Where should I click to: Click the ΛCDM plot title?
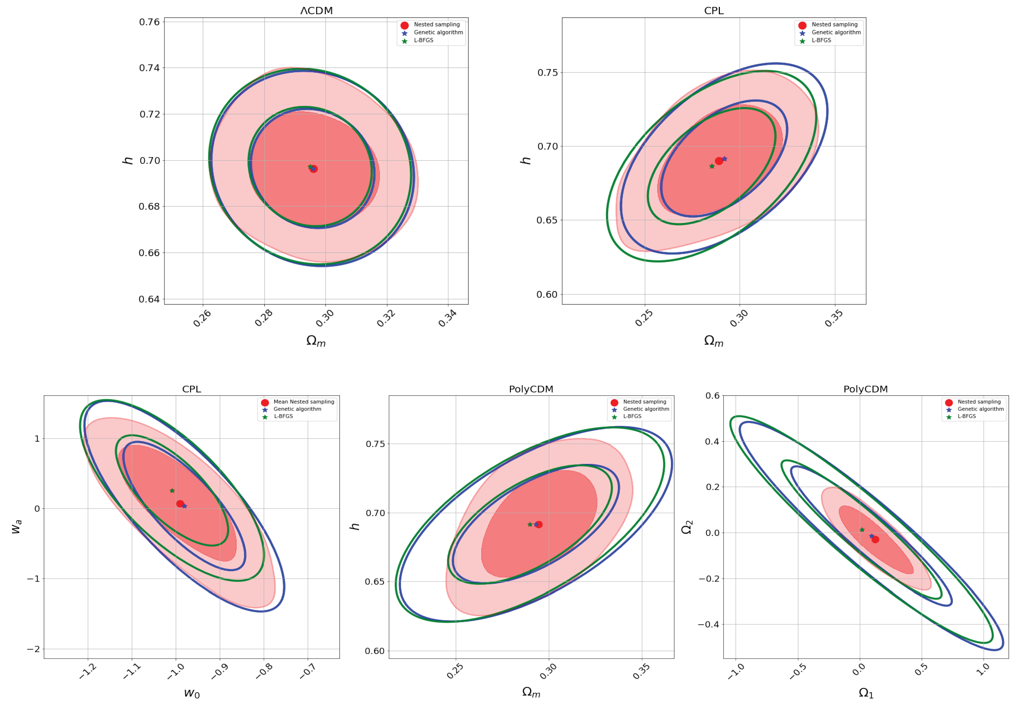(x=316, y=11)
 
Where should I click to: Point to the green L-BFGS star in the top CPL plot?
(x=712, y=166)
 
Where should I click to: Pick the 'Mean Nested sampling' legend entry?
(x=304, y=402)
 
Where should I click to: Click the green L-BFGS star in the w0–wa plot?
(x=172, y=490)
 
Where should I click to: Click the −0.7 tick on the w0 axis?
(x=308, y=671)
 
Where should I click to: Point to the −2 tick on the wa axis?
(x=33, y=649)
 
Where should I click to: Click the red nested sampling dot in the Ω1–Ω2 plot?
(x=875, y=539)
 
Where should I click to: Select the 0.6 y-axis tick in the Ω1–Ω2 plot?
(x=712, y=396)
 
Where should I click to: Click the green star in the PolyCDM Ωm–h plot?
(x=530, y=524)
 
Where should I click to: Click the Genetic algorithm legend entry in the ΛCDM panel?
(x=438, y=32)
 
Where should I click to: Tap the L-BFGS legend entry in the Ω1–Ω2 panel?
(x=967, y=416)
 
